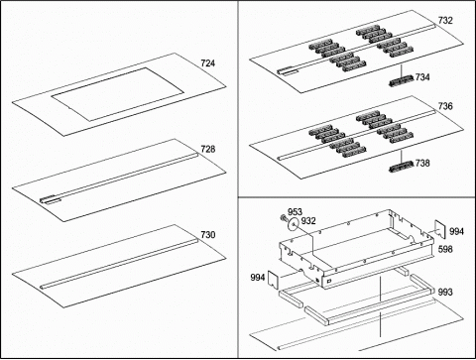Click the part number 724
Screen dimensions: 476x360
pyautogui.click(x=207, y=63)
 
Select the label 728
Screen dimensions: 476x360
pyautogui.click(x=208, y=149)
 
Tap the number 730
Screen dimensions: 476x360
pyautogui.click(x=208, y=235)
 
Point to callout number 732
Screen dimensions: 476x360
pyautogui.click(x=445, y=21)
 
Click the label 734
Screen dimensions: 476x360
pyautogui.click(x=422, y=77)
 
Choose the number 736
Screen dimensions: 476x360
pyautogui.click(x=445, y=106)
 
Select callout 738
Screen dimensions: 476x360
pyautogui.click(x=422, y=164)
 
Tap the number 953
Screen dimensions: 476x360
pyautogui.click(x=295, y=211)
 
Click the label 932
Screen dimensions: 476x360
pyautogui.click(x=308, y=221)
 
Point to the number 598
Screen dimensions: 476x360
pyautogui.click(x=445, y=249)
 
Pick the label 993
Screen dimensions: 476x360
pyautogui.click(x=445, y=293)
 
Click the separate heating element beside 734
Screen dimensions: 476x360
pyautogui.click(x=402, y=80)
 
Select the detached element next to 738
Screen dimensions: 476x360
pyautogui.click(x=402, y=167)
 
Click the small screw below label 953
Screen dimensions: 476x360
pyautogui.click(x=284, y=217)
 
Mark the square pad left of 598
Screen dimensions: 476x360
pyautogui.click(x=440, y=228)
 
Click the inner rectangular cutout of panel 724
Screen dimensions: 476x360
pyautogui.click(x=118, y=94)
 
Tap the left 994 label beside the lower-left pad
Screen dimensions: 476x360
pyautogui.click(x=258, y=278)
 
